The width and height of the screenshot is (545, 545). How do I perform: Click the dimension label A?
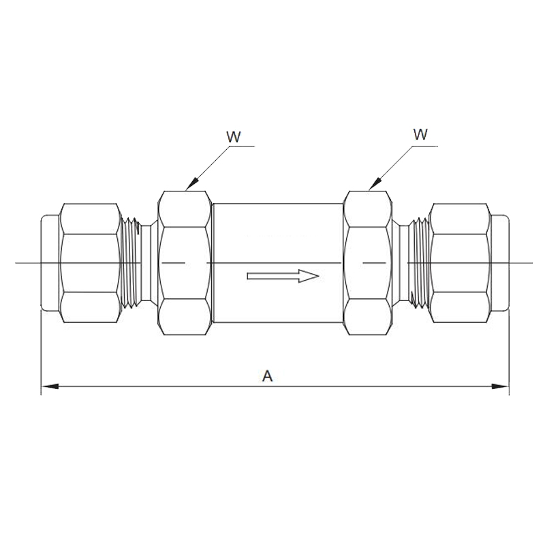(268, 375)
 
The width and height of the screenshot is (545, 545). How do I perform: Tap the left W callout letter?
(234, 136)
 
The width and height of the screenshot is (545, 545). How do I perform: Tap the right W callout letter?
(420, 134)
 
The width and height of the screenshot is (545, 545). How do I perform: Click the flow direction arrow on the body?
(283, 276)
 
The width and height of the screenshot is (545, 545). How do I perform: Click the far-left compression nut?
(90, 262)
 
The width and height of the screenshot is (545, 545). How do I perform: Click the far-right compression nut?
(461, 262)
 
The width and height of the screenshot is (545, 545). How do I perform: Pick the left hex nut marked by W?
(184, 262)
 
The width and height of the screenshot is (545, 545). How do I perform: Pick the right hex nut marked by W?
(369, 262)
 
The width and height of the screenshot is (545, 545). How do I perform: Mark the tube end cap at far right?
(501, 262)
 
